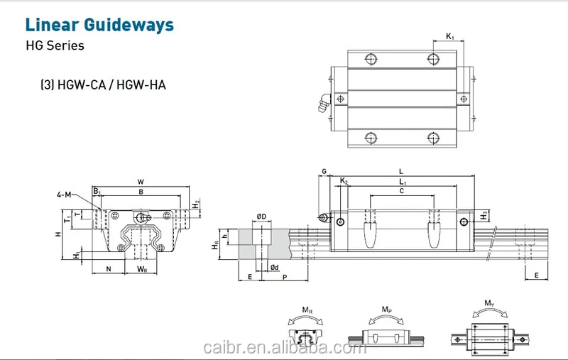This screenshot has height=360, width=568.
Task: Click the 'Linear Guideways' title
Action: click(99, 26)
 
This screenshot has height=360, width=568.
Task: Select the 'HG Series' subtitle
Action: click(55, 46)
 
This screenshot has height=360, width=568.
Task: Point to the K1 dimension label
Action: click(450, 36)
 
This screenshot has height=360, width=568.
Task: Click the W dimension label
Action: click(141, 182)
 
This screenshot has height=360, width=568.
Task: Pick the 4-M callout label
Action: click(65, 194)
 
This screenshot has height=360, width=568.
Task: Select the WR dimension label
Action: click(141, 269)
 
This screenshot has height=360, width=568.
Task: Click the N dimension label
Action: click(108, 269)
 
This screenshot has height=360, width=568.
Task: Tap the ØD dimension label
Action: click(261, 216)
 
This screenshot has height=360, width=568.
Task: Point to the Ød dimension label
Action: click(274, 267)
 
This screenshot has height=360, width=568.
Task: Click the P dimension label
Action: click(284, 277)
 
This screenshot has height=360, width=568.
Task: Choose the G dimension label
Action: click(324, 172)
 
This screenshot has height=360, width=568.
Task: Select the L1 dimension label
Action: click(402, 182)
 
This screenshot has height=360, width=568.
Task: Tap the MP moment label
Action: click(386, 310)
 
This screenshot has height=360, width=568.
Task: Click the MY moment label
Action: click(489, 304)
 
